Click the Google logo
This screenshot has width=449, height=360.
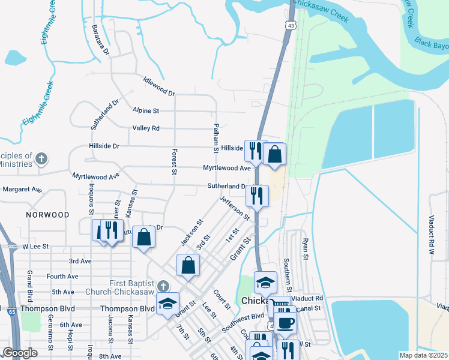click(20, 353)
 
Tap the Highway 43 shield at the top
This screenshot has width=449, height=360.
click(291, 25)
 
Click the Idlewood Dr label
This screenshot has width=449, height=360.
click(159, 86)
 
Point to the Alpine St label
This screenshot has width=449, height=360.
click(146, 111)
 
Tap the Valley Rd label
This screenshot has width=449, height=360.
click(146, 128)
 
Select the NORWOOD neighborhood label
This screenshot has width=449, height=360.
click(47, 215)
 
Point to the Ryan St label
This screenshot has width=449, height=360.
click(305, 248)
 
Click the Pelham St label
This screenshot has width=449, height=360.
click(215, 139)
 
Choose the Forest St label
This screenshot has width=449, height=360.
click(174, 161)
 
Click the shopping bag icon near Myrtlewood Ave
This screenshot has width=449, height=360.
click(274, 154)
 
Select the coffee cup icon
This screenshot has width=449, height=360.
click(286, 323)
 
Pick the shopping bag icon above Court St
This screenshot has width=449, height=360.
click(188, 265)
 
